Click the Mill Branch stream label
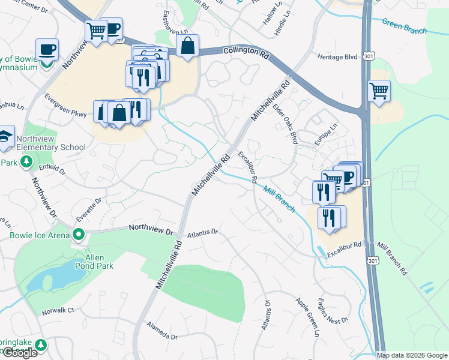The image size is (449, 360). click(x=279, y=199)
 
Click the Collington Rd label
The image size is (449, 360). click(x=246, y=53)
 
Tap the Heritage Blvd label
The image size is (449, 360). click(x=337, y=56)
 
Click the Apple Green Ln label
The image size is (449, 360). click(x=306, y=315)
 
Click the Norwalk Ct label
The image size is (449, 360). click(x=58, y=311)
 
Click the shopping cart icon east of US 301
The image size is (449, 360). click(x=379, y=92)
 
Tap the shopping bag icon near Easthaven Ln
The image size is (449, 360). click(x=188, y=45)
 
